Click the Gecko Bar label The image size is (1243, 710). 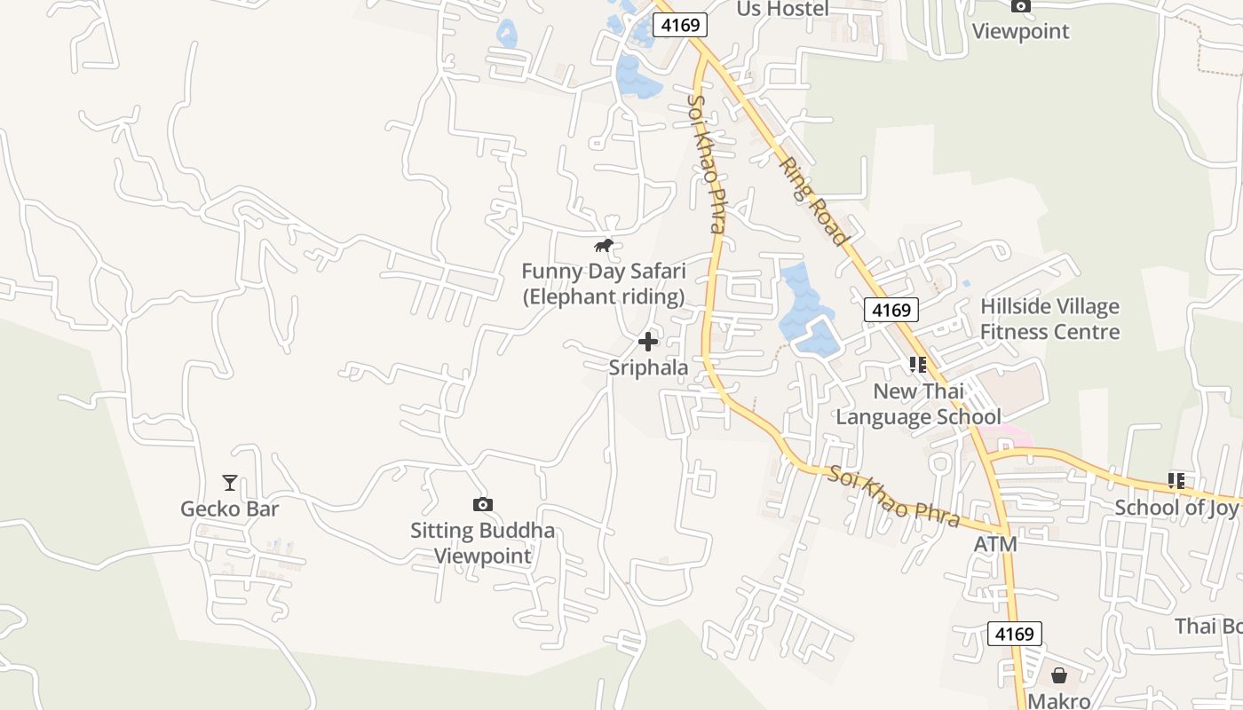(229, 509)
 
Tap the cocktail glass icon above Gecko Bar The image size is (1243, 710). (230, 483)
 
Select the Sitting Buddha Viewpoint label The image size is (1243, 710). (482, 543)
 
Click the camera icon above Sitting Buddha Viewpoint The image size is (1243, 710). (482, 504)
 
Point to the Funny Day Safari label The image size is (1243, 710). (603, 283)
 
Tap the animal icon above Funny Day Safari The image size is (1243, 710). (604, 245)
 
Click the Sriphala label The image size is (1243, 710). (648, 367)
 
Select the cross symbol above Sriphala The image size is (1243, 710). (648, 342)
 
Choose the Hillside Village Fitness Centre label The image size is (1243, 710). (1049, 319)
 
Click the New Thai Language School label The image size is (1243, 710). (918, 404)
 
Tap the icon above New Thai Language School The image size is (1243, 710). (918, 364)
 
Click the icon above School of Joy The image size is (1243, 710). (1176, 481)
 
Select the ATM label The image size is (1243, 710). (995, 543)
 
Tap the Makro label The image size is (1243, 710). (1058, 700)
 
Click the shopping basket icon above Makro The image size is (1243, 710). (1058, 675)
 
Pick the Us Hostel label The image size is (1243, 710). (782, 9)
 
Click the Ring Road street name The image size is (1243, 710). (812, 201)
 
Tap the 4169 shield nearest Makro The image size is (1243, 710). (1014, 634)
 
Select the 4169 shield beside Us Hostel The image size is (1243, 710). (680, 25)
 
